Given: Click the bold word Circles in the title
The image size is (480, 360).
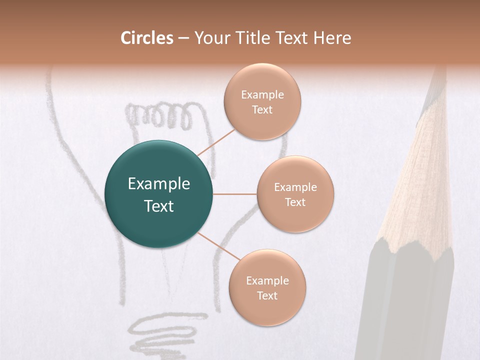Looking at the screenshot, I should [x=147, y=38].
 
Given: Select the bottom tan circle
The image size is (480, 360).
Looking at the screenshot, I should [x=267, y=310].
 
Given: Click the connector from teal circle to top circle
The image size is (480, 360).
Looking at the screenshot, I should [x=216, y=142].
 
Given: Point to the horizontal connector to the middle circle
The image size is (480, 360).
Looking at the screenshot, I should [x=235, y=194].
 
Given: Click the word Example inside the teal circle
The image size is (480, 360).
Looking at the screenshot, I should [x=159, y=184].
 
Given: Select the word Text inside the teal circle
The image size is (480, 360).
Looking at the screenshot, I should [x=159, y=206].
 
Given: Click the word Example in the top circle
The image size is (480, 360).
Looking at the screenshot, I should [x=262, y=95].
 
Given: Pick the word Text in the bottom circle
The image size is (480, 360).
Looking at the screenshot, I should [x=267, y=295].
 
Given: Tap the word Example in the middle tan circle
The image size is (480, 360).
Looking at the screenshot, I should [x=295, y=187].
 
